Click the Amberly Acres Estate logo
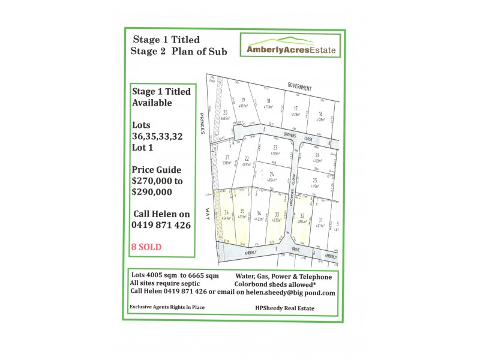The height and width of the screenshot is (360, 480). click(291, 46)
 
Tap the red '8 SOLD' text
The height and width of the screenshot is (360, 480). click(146, 247)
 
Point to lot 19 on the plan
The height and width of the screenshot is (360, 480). click(243, 103)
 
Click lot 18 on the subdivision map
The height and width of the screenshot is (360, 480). click(268, 104)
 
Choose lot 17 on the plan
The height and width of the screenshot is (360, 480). click(295, 110)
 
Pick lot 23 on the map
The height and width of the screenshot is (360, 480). click(275, 150)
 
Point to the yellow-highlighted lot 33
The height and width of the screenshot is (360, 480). click(276, 217)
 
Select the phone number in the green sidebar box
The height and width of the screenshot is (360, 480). click(161, 225)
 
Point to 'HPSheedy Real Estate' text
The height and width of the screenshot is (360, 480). click(284, 308)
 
